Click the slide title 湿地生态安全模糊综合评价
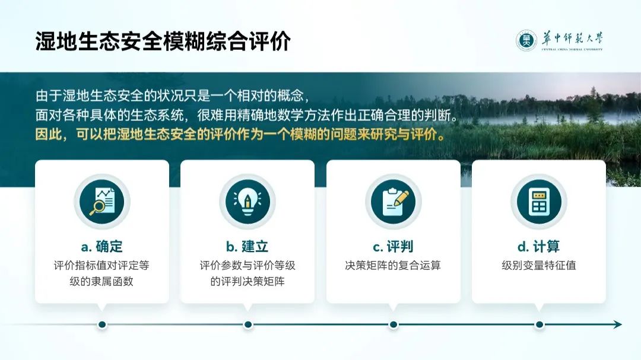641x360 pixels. point(163,42)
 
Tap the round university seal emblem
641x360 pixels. point(526,40)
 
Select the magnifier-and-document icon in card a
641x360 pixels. point(102,202)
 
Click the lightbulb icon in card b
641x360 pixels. point(247,202)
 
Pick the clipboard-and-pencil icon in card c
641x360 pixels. point(393,202)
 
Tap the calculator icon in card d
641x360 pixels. point(539,202)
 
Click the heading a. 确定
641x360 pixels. point(102,246)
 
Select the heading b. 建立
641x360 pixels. point(247,246)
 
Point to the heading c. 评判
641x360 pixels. point(393,246)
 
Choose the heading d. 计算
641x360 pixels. point(539,246)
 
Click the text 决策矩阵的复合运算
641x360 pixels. point(393,266)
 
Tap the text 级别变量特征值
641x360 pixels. point(539,266)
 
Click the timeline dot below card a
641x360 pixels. point(102,324)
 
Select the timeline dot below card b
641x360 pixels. point(247,324)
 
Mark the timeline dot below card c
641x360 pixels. point(394,324)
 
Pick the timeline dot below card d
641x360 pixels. point(539,324)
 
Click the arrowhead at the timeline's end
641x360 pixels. point(618,324)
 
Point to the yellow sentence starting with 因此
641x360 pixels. point(240,135)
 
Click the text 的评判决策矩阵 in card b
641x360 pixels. point(247,281)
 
